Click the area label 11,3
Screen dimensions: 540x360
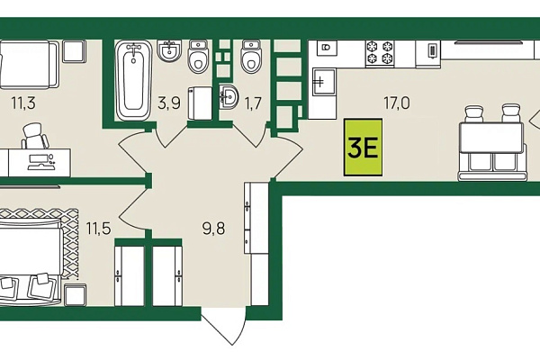click(x=23, y=103)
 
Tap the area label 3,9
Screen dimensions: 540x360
click(x=169, y=103)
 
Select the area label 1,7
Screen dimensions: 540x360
click(x=253, y=103)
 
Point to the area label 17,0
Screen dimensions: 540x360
click(x=397, y=103)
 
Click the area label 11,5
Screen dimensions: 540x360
click(x=98, y=228)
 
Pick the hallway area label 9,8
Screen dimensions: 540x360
click(x=213, y=228)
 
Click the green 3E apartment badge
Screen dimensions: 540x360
click(x=363, y=147)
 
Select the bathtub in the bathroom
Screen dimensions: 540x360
click(x=133, y=80)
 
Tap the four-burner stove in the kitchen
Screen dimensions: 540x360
click(x=380, y=52)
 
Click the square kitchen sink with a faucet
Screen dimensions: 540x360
click(x=324, y=81)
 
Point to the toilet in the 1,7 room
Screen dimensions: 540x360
click(x=251, y=56)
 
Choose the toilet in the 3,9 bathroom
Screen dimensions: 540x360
click(x=198, y=56)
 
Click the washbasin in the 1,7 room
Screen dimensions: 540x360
click(x=229, y=96)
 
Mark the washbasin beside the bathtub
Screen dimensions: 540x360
click(x=169, y=50)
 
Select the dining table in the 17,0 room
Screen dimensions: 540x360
click(x=491, y=138)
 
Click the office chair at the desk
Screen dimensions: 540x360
click(x=35, y=136)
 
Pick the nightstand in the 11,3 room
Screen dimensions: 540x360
click(x=74, y=51)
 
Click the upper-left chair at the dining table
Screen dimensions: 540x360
click(x=474, y=113)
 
